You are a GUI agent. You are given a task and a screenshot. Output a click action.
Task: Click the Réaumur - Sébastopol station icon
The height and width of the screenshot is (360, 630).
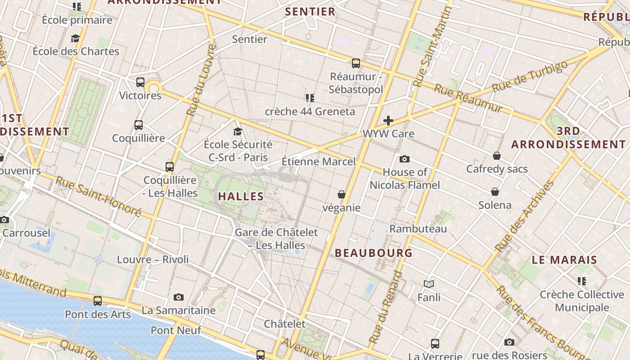(x=356, y=63)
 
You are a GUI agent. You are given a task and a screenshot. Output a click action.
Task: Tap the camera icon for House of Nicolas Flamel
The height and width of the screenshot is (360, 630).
(x=405, y=159)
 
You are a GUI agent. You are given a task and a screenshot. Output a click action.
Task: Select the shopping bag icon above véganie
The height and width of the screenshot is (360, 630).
(x=342, y=194)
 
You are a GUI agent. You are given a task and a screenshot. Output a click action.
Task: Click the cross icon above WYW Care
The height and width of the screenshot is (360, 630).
(x=388, y=121)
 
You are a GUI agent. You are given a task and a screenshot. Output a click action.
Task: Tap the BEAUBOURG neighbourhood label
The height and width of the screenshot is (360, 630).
(x=373, y=253)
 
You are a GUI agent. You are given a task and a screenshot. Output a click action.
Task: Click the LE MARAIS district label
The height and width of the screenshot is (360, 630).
(x=564, y=260)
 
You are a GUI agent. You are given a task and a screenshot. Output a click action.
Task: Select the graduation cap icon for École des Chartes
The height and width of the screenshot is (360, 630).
(x=76, y=38)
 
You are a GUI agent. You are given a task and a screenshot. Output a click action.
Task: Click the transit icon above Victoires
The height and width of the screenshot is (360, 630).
(x=140, y=82)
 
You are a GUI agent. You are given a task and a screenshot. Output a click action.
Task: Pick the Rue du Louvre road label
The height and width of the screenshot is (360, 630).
(x=201, y=81)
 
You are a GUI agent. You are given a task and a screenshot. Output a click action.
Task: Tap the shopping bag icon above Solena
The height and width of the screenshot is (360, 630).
(x=495, y=192)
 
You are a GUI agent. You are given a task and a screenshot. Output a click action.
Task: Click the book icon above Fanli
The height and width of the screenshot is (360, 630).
(x=429, y=284)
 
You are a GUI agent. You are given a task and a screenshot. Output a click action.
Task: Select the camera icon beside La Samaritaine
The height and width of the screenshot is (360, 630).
(x=179, y=297)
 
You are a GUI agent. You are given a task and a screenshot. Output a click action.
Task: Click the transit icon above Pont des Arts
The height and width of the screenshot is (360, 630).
(x=98, y=301)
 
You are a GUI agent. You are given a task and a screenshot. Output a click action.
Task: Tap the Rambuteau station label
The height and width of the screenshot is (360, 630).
(x=418, y=229)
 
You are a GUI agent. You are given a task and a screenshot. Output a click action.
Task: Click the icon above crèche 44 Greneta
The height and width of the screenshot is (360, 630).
(x=310, y=98)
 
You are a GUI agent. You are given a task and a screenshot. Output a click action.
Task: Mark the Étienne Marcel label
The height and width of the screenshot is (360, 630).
(x=319, y=161)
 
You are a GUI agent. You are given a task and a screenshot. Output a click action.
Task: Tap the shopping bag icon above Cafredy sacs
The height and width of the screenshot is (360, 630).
(x=497, y=156)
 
